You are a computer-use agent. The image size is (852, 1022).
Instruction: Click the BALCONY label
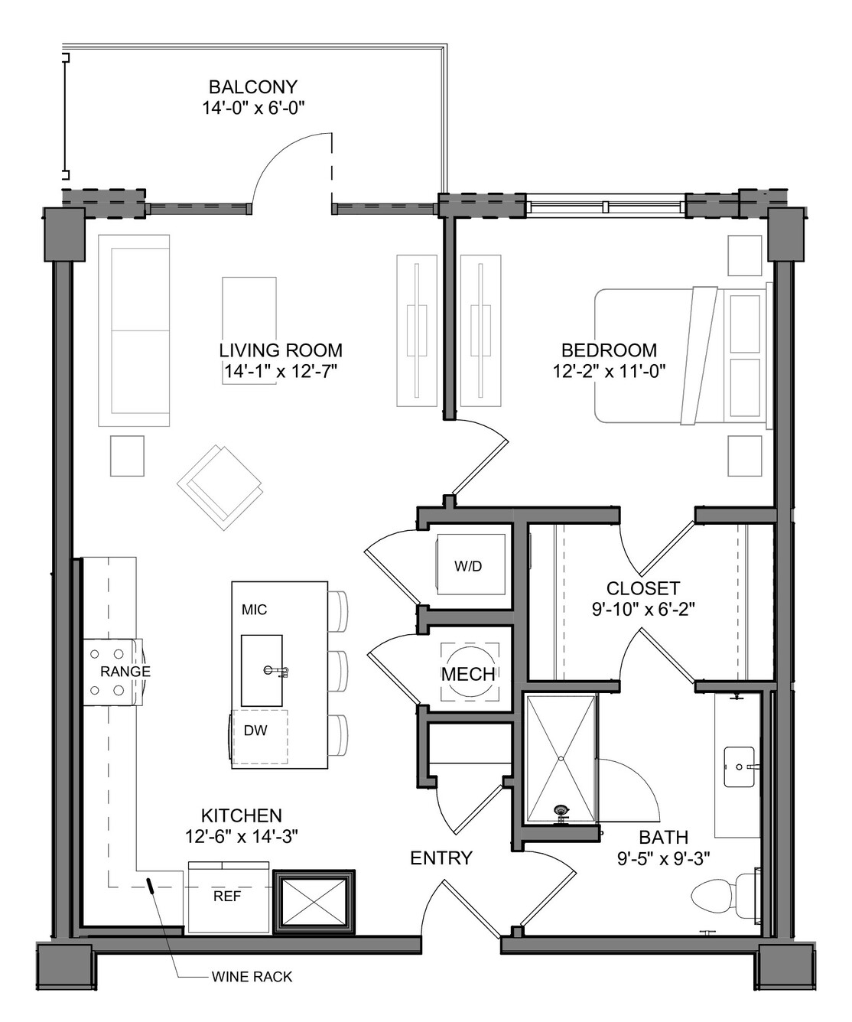253,87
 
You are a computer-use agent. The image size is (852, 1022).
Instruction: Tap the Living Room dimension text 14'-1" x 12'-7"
281,372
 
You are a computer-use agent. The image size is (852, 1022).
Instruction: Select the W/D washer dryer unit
471,565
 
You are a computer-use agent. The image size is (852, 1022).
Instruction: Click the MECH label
468,675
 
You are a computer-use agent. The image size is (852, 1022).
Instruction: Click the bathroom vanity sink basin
739,766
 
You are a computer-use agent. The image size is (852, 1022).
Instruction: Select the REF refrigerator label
228,897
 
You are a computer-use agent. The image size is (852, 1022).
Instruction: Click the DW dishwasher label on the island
255,731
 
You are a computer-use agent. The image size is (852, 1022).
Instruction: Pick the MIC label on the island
255,610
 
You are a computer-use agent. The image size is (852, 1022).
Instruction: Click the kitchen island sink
262,671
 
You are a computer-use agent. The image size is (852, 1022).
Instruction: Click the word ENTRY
441,858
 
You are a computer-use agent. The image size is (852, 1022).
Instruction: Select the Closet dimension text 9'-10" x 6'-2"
643,610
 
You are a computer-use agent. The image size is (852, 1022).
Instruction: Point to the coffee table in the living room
249,330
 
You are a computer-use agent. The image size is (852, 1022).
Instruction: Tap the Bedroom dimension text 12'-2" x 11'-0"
610,372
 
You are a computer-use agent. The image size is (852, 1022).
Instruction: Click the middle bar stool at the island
338,671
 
